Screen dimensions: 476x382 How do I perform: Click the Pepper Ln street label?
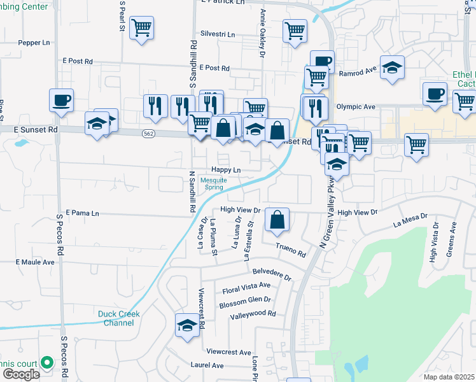pyautogui.click(x=34, y=43)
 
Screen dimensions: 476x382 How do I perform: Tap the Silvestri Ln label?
pyautogui.click(x=218, y=34)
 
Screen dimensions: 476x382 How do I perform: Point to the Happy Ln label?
pyautogui.click(x=227, y=171)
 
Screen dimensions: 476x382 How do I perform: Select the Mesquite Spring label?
pyautogui.click(x=213, y=184)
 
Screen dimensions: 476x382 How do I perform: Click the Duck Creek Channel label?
pyautogui.click(x=116, y=318)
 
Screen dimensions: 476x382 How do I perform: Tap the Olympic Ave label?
pyautogui.click(x=356, y=107)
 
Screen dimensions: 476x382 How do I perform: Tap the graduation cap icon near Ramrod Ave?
pyautogui.click(x=393, y=68)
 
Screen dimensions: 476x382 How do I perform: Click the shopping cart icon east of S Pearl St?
pyautogui.click(x=141, y=28)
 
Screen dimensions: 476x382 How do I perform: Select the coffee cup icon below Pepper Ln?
pyautogui.click(x=62, y=100)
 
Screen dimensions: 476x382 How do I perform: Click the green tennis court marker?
pyautogui.click(x=46, y=362)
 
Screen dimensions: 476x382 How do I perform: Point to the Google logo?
pyautogui.click(x=22, y=374)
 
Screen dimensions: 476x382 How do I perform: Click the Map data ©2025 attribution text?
pyautogui.click(x=449, y=377)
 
